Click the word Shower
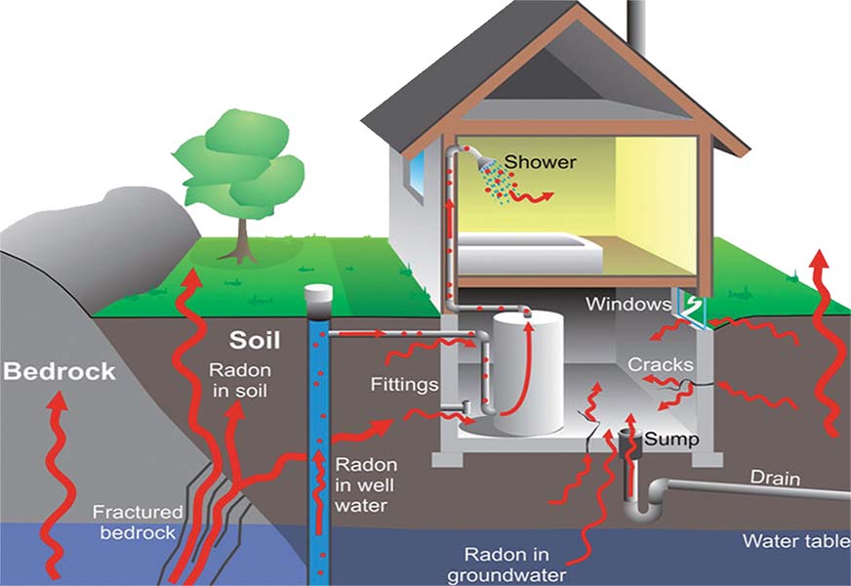click(540, 162)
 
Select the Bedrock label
click(60, 371)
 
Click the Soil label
click(255, 340)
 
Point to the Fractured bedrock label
click(138, 522)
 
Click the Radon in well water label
click(366, 485)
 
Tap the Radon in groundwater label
click(507, 565)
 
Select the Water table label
click(796, 541)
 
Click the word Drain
click(775, 478)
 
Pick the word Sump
click(671, 439)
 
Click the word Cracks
click(660, 364)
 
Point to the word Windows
click(628, 304)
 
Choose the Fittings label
click(404, 385)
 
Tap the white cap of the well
click(318, 294)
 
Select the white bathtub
click(530, 253)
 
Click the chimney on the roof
click(635, 24)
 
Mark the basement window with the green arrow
click(690, 311)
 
